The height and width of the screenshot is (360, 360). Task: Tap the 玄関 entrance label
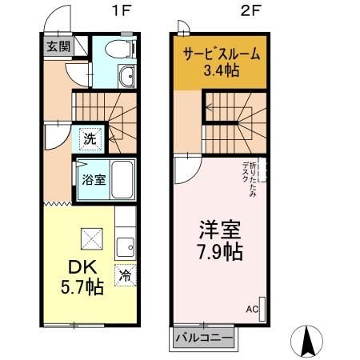(x=57, y=46)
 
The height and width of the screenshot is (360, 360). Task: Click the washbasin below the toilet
(x=126, y=77)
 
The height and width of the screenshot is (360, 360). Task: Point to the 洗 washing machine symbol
(x=90, y=138)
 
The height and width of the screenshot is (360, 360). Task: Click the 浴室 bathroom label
(x=93, y=179)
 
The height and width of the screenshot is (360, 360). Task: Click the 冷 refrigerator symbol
(x=126, y=274)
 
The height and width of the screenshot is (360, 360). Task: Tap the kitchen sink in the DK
(x=125, y=245)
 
